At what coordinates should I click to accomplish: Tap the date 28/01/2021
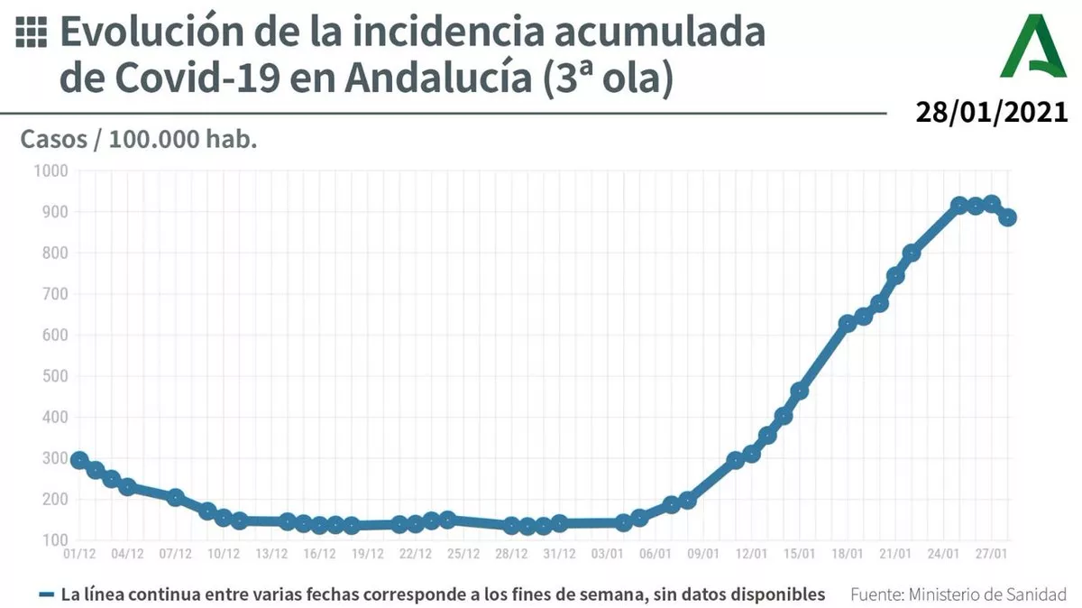992,113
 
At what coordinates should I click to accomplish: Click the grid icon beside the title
32,32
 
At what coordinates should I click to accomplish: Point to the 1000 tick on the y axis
50,170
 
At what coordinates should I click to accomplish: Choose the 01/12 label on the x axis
79,554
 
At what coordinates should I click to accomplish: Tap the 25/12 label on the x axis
463,554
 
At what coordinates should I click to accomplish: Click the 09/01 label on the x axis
703,554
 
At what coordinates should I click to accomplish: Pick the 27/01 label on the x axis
990,554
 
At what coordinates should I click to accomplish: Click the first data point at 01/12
79,460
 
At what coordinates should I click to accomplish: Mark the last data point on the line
1007,217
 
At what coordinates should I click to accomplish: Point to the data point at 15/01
799,391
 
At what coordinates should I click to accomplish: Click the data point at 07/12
176,497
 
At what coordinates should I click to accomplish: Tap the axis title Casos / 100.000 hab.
139,141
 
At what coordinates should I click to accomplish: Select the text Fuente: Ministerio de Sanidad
958,594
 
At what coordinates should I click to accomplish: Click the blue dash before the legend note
48,594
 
